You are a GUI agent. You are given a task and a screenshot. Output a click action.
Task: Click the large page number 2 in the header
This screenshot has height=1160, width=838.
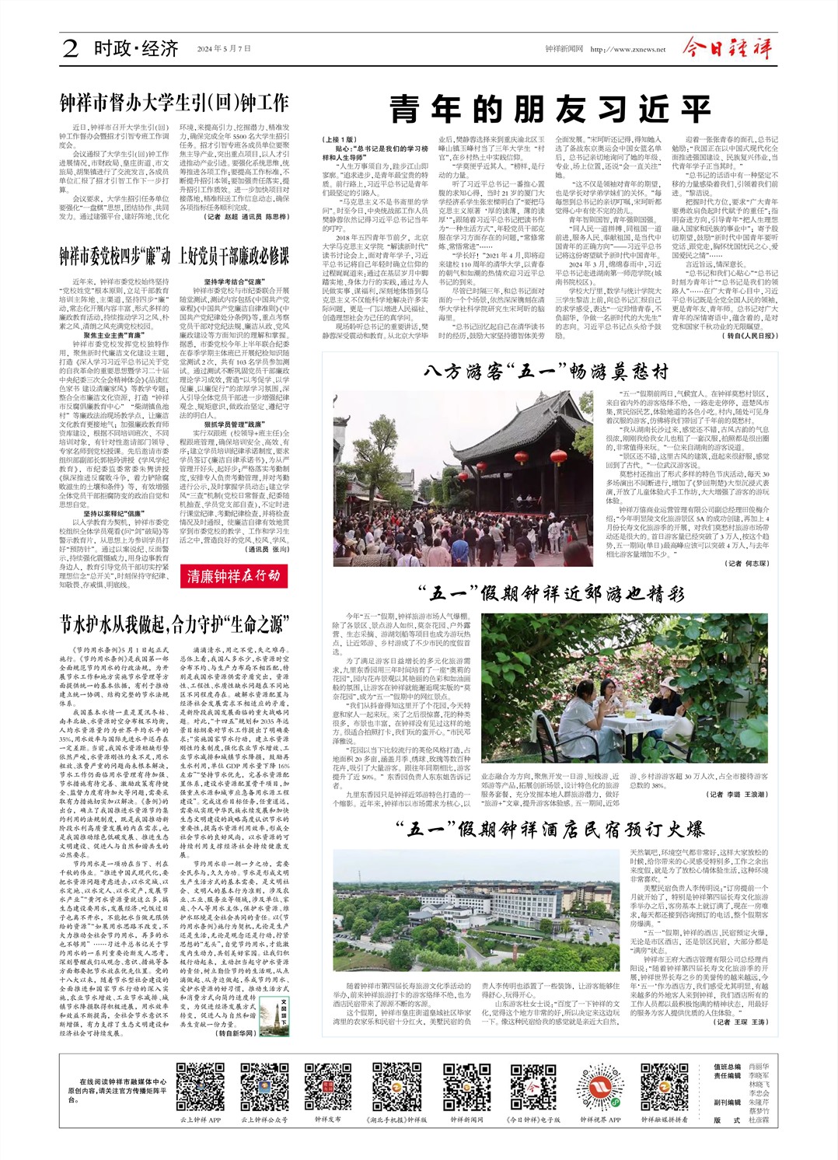pyautogui.click(x=71, y=49)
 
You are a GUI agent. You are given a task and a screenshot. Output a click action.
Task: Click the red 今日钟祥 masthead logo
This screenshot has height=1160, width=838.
pyautogui.click(x=728, y=48)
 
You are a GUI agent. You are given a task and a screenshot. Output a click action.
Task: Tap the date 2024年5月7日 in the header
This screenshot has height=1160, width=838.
pyautogui.click(x=224, y=49)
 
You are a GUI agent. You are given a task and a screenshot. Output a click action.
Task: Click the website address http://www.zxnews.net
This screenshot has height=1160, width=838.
pyautogui.click(x=628, y=49)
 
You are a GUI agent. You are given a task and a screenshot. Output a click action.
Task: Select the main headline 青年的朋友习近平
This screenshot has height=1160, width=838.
pyautogui.click(x=550, y=110)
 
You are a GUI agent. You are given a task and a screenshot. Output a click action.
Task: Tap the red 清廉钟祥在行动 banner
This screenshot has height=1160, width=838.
pyautogui.click(x=233, y=575)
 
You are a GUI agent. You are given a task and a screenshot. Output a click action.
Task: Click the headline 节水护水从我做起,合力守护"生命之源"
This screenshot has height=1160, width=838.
pyautogui.click(x=174, y=624)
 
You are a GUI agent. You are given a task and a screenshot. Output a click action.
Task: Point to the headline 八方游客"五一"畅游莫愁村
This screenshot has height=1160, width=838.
pyautogui.click(x=546, y=372)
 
